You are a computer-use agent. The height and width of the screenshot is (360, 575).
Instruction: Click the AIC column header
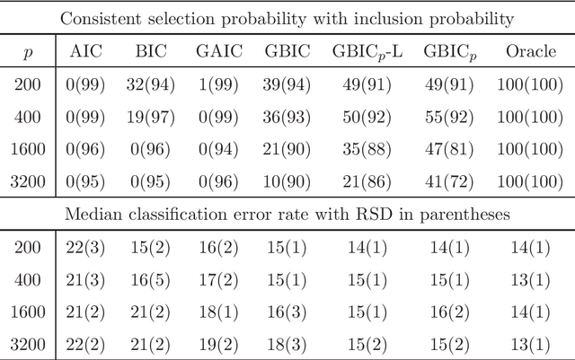87,51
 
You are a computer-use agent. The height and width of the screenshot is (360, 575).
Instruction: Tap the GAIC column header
218,51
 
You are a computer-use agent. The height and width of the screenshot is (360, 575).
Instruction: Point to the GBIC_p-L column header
367,52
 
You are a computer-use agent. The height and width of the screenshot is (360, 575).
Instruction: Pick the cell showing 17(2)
218,280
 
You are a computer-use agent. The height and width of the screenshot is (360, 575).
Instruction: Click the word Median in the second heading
114,215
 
